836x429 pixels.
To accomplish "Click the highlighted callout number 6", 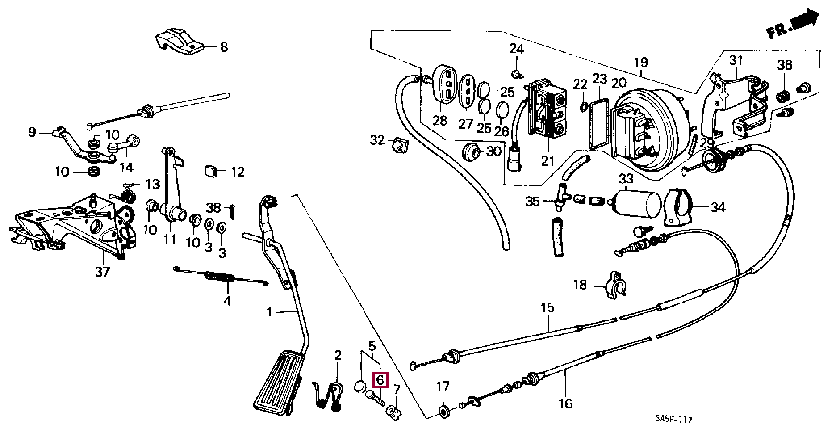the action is (380, 380).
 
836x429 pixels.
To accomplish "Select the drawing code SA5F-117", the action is (673, 420).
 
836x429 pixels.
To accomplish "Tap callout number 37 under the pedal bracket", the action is (102, 271).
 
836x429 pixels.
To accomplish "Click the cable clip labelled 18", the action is (615, 284).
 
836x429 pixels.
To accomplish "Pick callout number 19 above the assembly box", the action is (641, 63).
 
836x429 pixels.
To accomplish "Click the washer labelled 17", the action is (444, 410).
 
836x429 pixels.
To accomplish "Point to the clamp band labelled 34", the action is (678, 207).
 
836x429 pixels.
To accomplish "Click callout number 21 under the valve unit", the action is (548, 161).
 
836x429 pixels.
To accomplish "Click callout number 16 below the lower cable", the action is (565, 404).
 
